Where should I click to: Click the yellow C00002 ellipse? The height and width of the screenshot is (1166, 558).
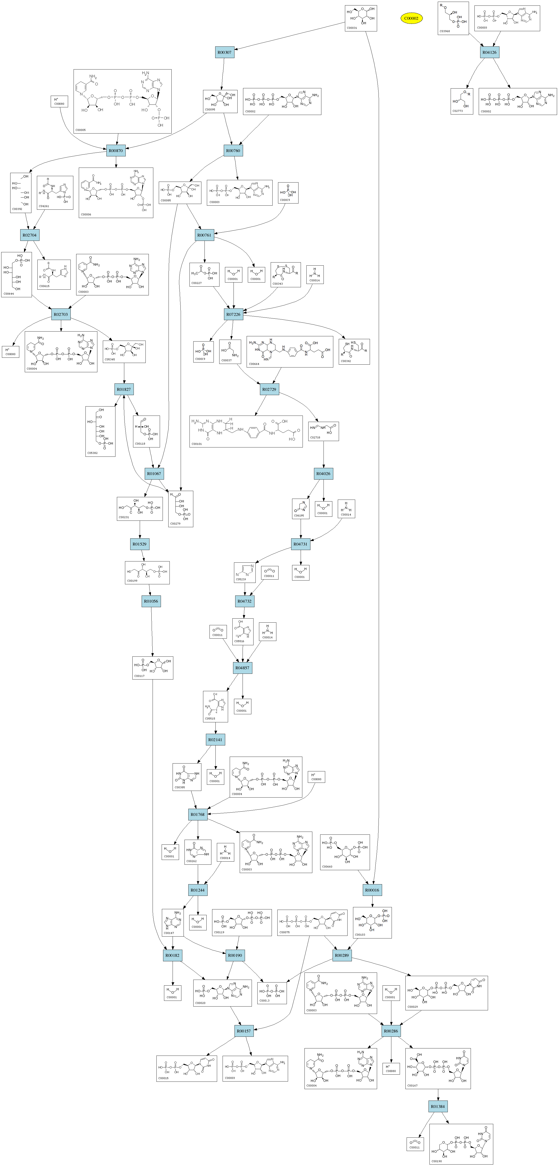(411, 19)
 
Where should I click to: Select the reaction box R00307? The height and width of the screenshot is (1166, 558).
(224, 53)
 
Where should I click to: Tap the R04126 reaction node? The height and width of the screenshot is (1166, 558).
(489, 53)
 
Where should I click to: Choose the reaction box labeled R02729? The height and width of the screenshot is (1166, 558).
(269, 389)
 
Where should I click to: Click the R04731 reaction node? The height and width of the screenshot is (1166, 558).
(300, 544)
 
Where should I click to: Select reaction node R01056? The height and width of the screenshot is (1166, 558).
(151, 601)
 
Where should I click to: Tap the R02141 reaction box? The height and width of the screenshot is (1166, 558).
(215, 740)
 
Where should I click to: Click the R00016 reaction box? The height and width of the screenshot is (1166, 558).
(372, 890)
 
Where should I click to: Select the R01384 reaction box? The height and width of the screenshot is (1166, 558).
(438, 1106)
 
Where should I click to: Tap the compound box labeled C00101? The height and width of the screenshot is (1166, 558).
(246, 431)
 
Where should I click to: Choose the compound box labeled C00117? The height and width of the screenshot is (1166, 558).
(153, 668)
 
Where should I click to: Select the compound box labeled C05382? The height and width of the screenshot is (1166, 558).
(100, 431)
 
